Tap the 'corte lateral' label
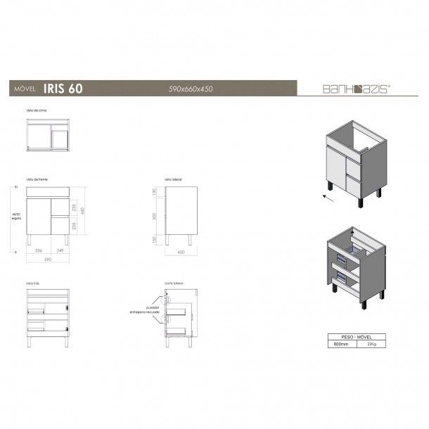click(174, 282)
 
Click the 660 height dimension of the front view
click(82, 210)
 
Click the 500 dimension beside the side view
click(155, 215)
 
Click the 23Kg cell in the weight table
click(378, 345)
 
